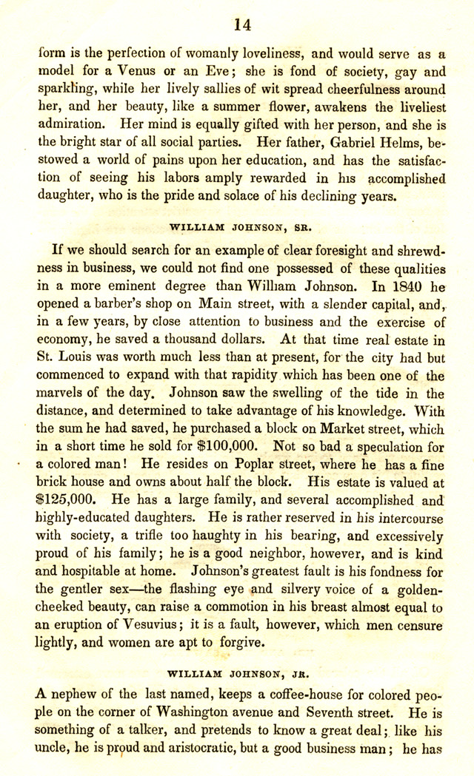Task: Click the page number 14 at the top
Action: point(242,24)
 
